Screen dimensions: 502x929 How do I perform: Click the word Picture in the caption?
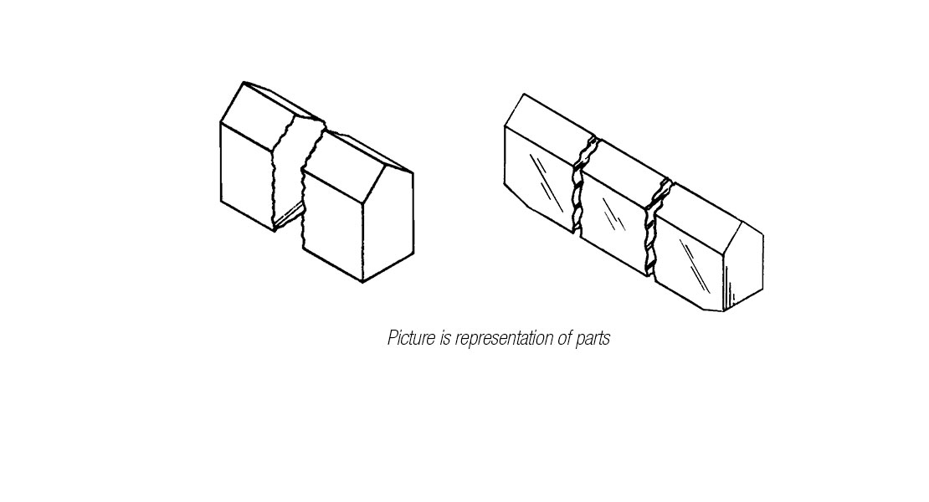tap(410, 339)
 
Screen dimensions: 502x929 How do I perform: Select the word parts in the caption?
tap(592, 339)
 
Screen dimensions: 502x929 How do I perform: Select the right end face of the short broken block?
tap(388, 226)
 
